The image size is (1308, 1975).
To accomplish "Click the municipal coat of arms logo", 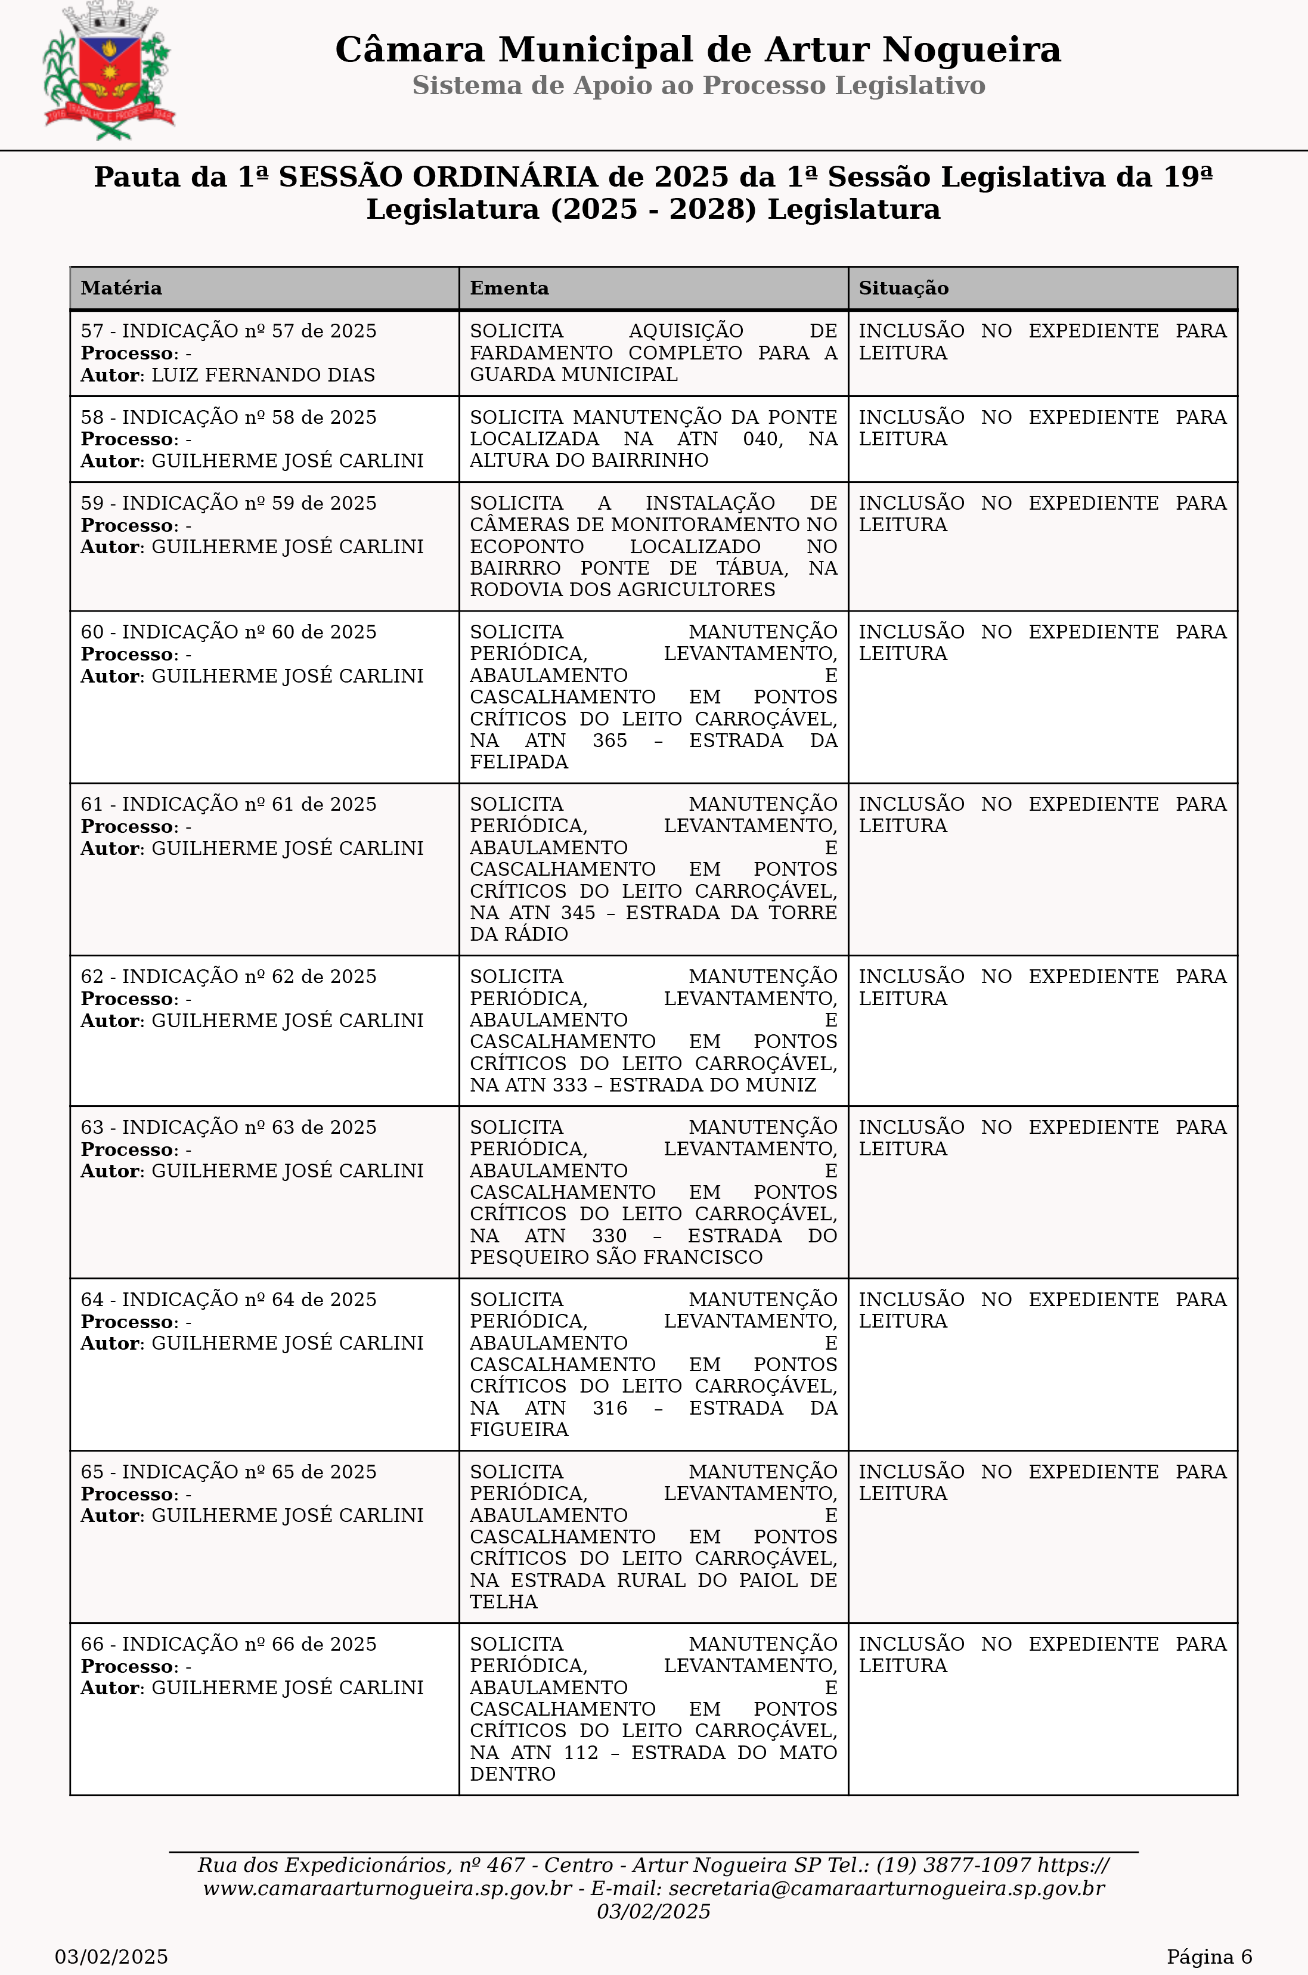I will click(109, 71).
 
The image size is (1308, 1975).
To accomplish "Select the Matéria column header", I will click(121, 289).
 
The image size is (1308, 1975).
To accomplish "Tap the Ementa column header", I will click(509, 289).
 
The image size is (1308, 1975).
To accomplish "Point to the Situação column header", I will click(903, 289).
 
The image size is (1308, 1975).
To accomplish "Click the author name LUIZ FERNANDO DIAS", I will click(263, 376).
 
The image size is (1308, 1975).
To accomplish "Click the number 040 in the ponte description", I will click(763, 439).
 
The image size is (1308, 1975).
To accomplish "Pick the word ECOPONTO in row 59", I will click(526, 546).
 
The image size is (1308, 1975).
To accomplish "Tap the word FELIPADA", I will click(518, 761).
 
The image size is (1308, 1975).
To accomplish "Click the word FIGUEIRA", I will click(518, 1430).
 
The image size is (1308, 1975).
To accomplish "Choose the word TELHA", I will click(503, 1601).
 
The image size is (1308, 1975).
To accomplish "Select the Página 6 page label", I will click(1208, 1957).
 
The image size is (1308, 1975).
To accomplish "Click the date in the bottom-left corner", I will click(111, 1957).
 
